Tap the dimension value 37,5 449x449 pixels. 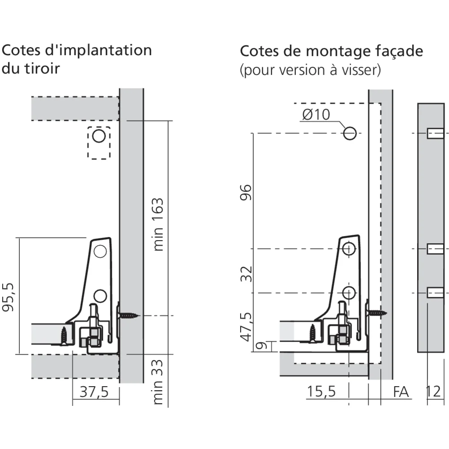click(94, 392)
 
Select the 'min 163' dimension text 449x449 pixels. click(158, 224)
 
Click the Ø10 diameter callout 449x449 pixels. click(316, 114)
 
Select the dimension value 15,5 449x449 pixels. click(321, 392)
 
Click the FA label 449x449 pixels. click(401, 392)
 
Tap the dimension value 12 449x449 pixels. click(433, 392)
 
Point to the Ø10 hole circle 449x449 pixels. click(350, 133)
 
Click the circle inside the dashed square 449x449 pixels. click(99, 136)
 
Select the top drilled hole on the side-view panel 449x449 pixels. click(435, 133)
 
